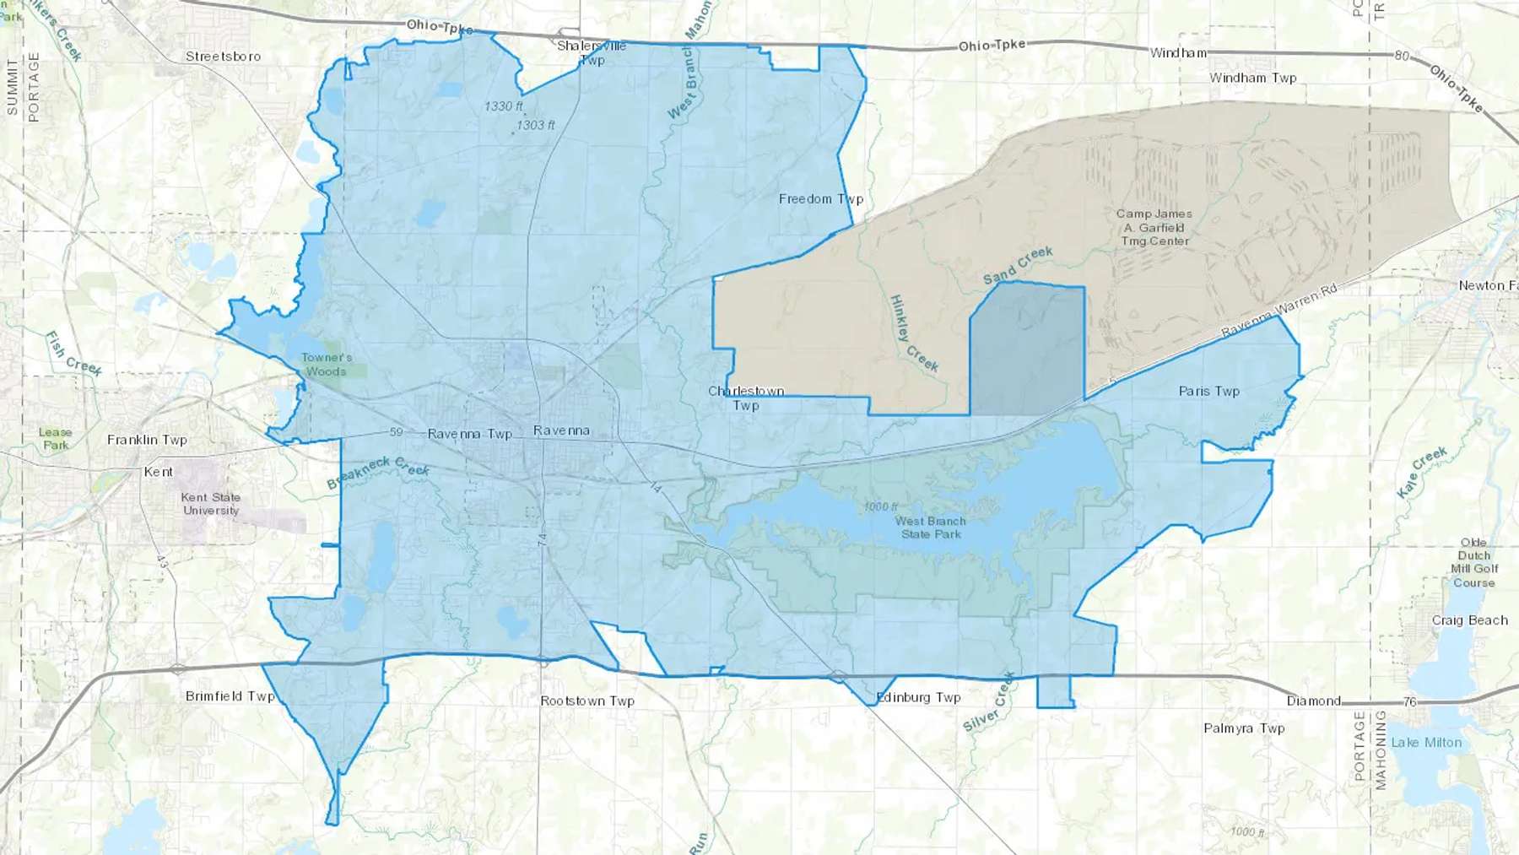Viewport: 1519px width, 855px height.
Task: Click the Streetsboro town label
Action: [x=223, y=57]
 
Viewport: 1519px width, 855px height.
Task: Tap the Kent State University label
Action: [x=211, y=504]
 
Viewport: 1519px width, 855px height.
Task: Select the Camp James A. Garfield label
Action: [x=1154, y=228]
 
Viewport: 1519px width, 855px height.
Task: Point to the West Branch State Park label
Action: [x=931, y=528]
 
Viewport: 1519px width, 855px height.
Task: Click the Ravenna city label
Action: [x=561, y=430]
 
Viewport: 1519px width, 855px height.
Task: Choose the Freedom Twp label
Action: [x=820, y=199]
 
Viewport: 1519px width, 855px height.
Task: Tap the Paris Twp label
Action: [x=1208, y=391]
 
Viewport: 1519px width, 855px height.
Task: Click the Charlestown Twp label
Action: [x=746, y=398]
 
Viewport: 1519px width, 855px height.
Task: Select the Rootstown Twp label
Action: [x=587, y=701]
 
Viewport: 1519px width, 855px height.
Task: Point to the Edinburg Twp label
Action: [x=919, y=697]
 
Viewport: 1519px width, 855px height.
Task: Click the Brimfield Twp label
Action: [x=230, y=696]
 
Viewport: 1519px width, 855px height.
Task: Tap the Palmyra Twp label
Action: [x=1244, y=728]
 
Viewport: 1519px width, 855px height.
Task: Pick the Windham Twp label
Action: [x=1252, y=78]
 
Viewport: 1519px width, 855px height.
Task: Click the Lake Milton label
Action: [x=1426, y=743]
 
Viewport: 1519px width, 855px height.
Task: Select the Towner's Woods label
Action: [x=327, y=365]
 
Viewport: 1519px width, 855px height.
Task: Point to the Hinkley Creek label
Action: [x=914, y=333]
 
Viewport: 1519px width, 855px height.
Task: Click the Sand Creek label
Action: [x=1018, y=265]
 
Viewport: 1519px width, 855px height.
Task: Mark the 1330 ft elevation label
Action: [x=504, y=106]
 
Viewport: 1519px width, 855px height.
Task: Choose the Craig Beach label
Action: [x=1469, y=620]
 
